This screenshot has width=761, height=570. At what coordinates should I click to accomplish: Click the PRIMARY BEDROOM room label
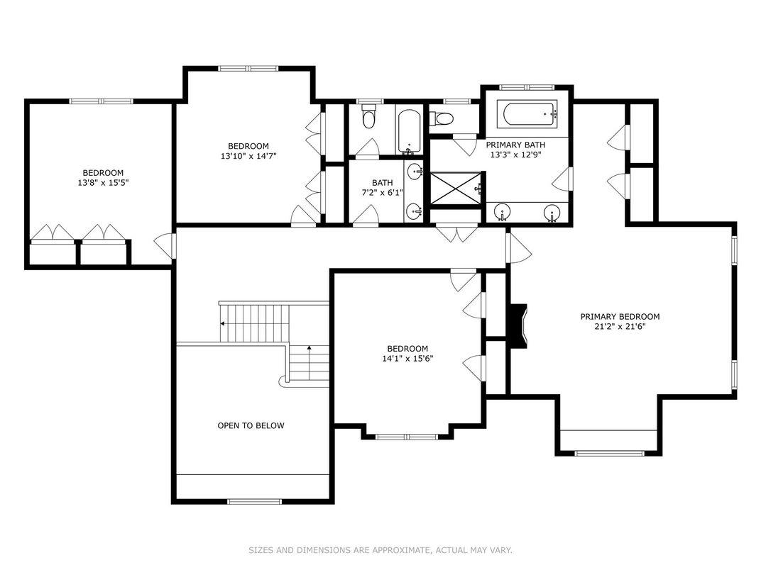point(620,317)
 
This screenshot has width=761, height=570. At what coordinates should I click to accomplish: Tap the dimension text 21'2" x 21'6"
point(620,327)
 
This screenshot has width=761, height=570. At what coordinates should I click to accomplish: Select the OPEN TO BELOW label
point(251,426)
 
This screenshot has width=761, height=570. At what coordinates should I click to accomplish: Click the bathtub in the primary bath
point(527,113)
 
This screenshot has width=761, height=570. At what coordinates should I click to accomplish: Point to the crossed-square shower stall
point(455,188)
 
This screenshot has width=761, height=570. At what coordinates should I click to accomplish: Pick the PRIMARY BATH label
point(513,144)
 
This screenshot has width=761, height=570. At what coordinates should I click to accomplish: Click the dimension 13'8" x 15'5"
point(103,182)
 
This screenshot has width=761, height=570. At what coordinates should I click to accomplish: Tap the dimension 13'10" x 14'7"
point(248,156)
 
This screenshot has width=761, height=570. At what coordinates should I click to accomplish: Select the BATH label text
point(382,183)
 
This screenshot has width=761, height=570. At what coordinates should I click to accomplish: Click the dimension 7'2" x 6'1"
point(382,193)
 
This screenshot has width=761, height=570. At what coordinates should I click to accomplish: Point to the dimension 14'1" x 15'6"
point(407,359)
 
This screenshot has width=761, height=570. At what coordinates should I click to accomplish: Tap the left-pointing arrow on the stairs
point(224,323)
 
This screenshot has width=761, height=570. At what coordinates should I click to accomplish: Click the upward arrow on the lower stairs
point(309,348)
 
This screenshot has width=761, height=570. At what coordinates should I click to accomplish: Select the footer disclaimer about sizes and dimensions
point(380,550)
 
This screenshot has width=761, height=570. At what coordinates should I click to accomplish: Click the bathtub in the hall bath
point(409,132)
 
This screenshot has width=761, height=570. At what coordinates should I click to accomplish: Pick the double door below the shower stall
point(455,234)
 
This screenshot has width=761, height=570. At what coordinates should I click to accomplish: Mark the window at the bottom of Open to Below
point(253,502)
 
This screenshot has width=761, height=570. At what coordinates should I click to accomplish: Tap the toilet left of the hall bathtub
point(368,117)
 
